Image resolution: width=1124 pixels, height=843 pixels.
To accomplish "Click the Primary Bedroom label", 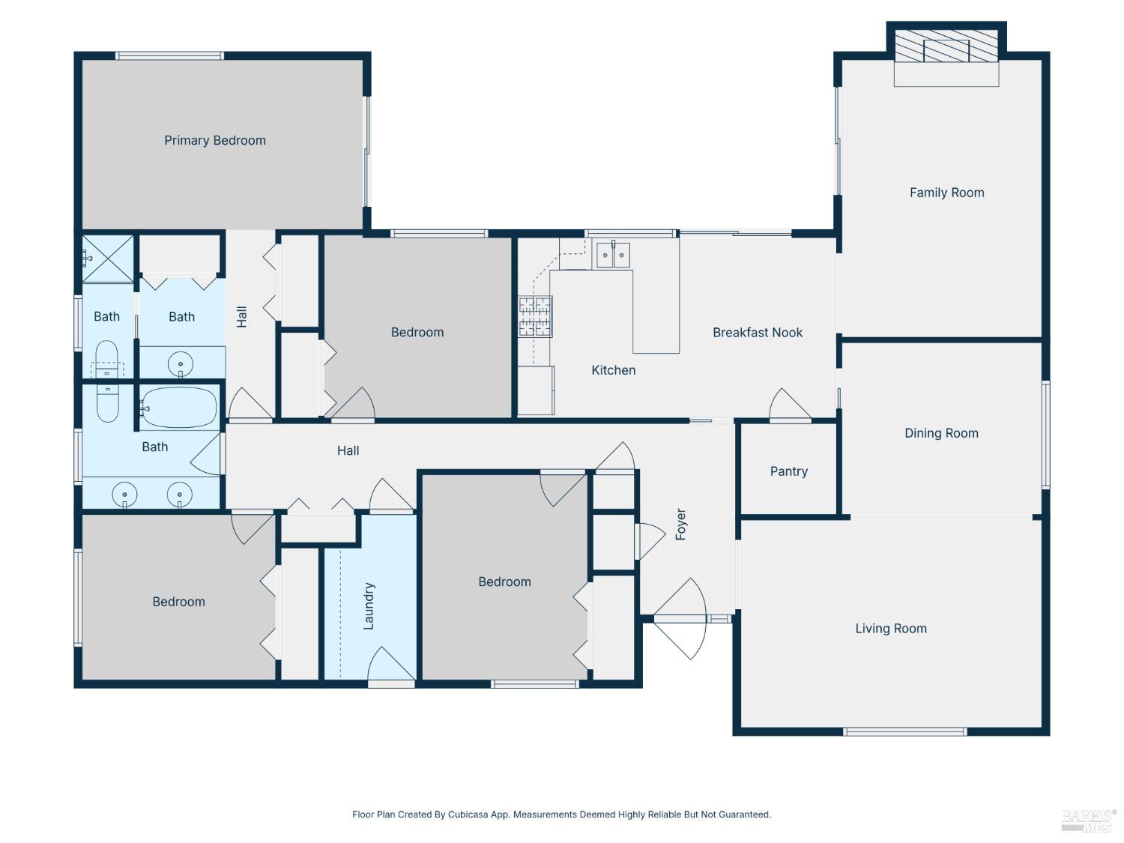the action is tap(215, 141).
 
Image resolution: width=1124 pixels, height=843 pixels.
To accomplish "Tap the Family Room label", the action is tap(947, 193).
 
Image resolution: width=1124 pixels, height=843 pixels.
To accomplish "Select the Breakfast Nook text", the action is tap(758, 333).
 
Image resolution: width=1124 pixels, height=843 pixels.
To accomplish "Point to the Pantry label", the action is tap(788, 471).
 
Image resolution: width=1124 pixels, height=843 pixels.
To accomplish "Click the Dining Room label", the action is tap(941, 434).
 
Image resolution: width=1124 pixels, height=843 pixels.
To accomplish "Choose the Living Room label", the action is tap(891, 629).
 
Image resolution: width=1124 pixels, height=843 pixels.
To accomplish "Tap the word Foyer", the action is tap(680, 524).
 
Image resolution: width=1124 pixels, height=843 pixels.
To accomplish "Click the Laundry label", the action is tap(369, 605).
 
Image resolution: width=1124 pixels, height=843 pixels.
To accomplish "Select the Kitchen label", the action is tap(614, 370).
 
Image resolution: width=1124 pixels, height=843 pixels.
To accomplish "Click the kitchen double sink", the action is tap(613, 254).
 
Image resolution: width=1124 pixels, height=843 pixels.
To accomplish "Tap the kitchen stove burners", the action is tap(535, 316).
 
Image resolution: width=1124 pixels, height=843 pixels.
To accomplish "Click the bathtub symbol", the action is tap(178, 408).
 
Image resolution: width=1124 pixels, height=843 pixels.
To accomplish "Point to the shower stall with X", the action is tap(108, 259).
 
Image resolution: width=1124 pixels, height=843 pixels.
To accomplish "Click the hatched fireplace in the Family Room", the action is tap(946, 46).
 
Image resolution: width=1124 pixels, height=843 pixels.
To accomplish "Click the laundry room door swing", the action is tap(391, 665).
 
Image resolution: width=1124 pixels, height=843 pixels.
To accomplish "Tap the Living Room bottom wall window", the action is tap(905, 732).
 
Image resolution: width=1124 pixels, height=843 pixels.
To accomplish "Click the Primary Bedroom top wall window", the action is tap(169, 55).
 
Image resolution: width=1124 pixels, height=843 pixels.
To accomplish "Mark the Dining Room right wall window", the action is tap(1045, 435).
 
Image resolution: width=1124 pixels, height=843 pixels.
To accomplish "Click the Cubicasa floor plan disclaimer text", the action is tap(561, 815).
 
